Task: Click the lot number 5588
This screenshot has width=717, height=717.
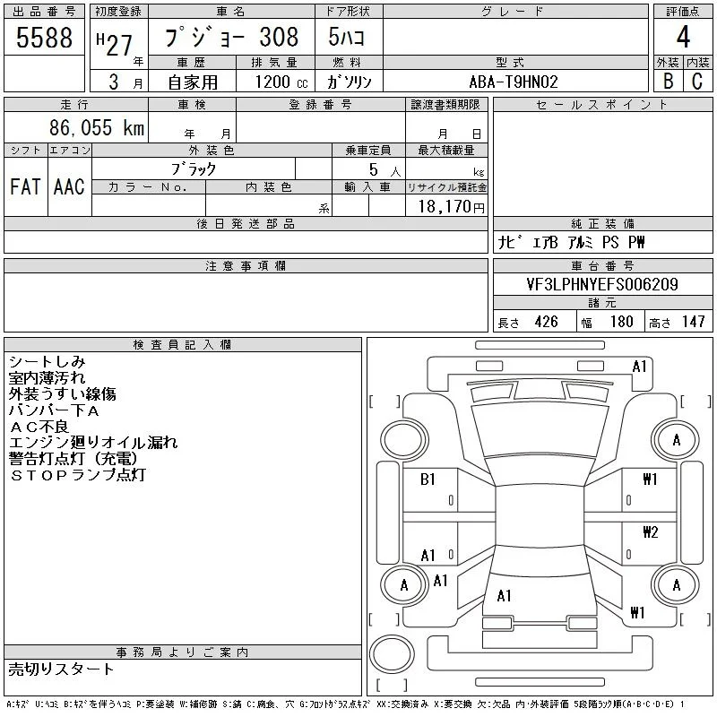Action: pyautogui.click(x=44, y=38)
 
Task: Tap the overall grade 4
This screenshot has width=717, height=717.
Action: pyautogui.click(x=683, y=37)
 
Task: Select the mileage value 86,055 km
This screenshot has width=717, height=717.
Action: pyautogui.click(x=97, y=127)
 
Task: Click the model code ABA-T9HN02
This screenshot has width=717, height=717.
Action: pyautogui.click(x=514, y=82)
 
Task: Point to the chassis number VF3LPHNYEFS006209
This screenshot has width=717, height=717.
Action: pyautogui.click(x=602, y=284)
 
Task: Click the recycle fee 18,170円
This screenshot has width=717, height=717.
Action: pyautogui.click(x=452, y=207)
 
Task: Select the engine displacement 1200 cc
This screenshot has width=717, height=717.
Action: pyautogui.click(x=281, y=82)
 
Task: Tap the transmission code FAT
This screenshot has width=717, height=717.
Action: pyautogui.click(x=25, y=186)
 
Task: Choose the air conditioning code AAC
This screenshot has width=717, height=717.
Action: pyautogui.click(x=69, y=186)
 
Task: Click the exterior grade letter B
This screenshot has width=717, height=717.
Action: pyautogui.click(x=668, y=82)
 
